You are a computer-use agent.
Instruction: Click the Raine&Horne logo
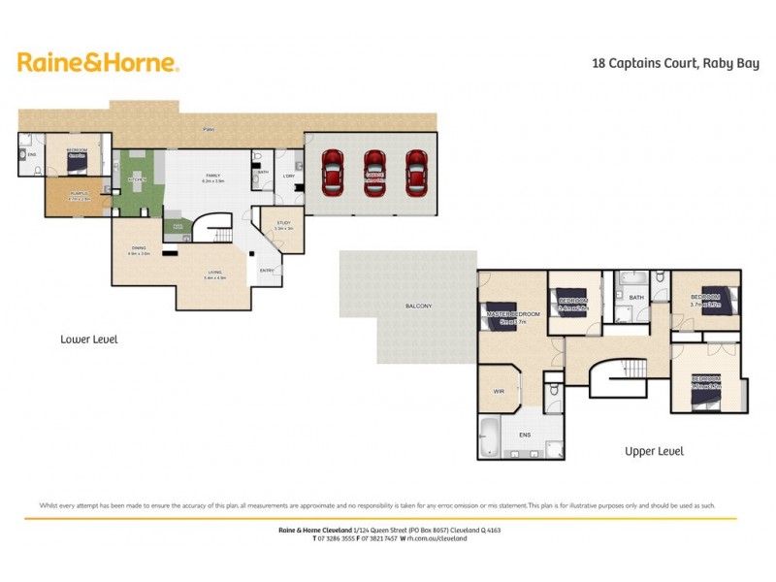coord(98,63)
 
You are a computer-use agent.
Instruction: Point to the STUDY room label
coord(284,225)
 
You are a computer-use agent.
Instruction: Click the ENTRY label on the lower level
coord(268,270)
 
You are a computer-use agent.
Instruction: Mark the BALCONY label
coord(419,307)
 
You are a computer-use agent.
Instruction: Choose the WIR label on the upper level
coord(499,391)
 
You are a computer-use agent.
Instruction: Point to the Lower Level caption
coord(88,339)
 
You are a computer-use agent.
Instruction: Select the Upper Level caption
coord(654,451)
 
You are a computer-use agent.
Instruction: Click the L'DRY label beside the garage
coord(288,176)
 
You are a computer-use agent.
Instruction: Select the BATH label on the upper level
coord(636,298)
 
